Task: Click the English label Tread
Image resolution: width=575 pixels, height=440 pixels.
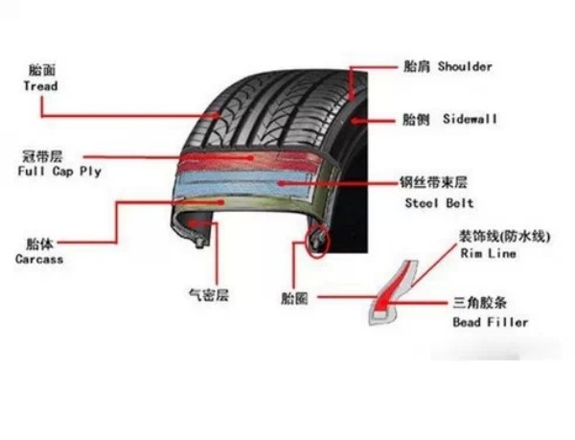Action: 40,86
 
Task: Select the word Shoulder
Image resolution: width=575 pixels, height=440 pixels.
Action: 465,67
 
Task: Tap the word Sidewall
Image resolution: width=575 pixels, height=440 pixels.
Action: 470,119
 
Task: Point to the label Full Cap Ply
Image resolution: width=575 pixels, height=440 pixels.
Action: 59,172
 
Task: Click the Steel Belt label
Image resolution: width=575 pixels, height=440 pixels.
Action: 439,203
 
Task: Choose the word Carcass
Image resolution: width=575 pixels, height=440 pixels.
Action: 39,259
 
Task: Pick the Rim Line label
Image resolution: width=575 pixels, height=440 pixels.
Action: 488,253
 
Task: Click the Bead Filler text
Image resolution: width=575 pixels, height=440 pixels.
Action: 491,322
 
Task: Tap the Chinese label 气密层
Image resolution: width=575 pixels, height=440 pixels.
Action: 209,294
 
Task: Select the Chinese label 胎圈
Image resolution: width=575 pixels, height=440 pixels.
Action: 294,298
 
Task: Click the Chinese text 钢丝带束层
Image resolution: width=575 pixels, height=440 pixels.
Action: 433,182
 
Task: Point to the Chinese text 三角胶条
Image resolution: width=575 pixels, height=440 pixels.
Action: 480,303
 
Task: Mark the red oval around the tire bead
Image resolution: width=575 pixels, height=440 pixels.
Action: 318,241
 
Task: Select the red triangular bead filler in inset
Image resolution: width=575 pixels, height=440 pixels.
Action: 384,293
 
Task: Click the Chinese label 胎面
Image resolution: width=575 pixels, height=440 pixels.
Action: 42,70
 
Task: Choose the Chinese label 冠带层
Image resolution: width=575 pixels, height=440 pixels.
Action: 42,156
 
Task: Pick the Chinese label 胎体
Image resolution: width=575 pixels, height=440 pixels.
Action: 39,243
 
